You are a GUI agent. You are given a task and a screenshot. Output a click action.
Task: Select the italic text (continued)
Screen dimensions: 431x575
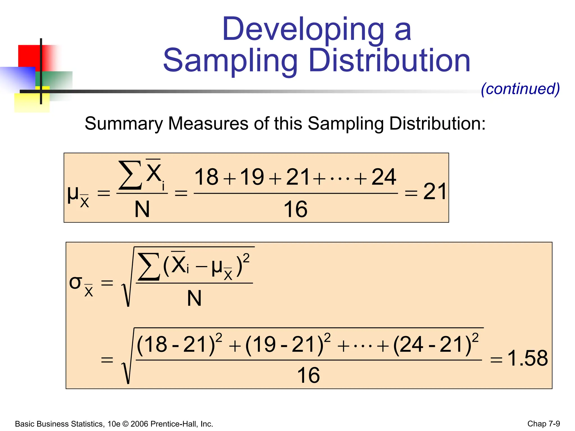pos(520,89)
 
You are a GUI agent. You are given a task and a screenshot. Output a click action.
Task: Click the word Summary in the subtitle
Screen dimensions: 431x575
pos(124,123)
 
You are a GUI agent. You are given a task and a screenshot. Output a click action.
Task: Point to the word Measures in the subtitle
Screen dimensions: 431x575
pos(208,123)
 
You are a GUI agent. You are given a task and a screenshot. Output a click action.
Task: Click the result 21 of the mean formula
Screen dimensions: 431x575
pos(434,192)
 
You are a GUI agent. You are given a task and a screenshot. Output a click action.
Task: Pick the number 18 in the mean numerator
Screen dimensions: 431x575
pos(206,177)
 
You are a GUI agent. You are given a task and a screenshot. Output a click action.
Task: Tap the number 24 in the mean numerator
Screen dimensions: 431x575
pos(384,177)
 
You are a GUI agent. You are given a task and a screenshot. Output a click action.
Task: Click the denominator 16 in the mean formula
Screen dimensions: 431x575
pos(295,209)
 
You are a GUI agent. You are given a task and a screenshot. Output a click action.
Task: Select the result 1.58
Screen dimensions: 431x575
pos(528,358)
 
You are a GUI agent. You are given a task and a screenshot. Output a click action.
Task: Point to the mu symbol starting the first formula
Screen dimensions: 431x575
pos(73,194)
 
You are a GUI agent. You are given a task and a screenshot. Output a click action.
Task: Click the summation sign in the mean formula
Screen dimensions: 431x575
pos(130,175)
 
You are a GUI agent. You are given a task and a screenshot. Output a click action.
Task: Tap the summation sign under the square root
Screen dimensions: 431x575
pos(149,266)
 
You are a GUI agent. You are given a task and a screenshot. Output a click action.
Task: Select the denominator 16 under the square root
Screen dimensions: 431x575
pos(308,375)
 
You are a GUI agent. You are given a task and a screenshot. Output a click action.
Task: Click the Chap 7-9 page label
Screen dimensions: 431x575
pos(544,424)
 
